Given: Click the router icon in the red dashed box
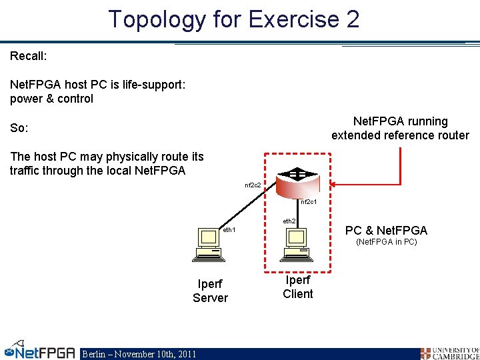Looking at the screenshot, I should point(297,177).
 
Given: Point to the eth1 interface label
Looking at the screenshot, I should point(229,230).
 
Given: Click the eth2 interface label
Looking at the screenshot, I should point(289,221).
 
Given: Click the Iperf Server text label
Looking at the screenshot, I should point(210,291).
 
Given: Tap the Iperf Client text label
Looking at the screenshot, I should point(297,287).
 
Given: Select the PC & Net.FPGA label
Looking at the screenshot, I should point(386,231).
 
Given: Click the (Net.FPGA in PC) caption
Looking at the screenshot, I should point(386,242).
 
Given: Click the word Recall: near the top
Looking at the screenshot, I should point(28,56).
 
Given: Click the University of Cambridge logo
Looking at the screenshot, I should point(449,353).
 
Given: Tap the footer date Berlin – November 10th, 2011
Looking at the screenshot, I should point(139,354).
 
